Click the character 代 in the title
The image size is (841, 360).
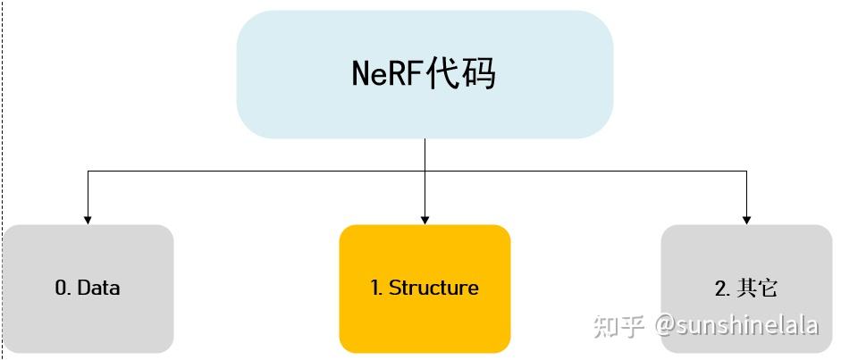(442, 74)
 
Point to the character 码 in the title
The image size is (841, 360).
(478, 74)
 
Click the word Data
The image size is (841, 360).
(98, 289)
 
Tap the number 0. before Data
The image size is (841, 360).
(63, 289)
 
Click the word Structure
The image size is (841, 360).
(433, 289)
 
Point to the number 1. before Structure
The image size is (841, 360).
(377, 289)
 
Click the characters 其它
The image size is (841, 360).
(758, 289)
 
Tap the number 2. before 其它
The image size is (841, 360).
(723, 289)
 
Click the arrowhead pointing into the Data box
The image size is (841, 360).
(88, 219)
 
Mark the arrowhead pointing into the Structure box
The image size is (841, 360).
(425, 219)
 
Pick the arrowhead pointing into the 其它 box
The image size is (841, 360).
(746, 219)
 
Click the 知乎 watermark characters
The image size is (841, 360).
(618, 324)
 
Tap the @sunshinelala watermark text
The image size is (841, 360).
(736, 324)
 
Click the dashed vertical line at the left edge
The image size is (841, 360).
(3, 179)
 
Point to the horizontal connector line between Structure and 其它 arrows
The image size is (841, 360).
(585, 171)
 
